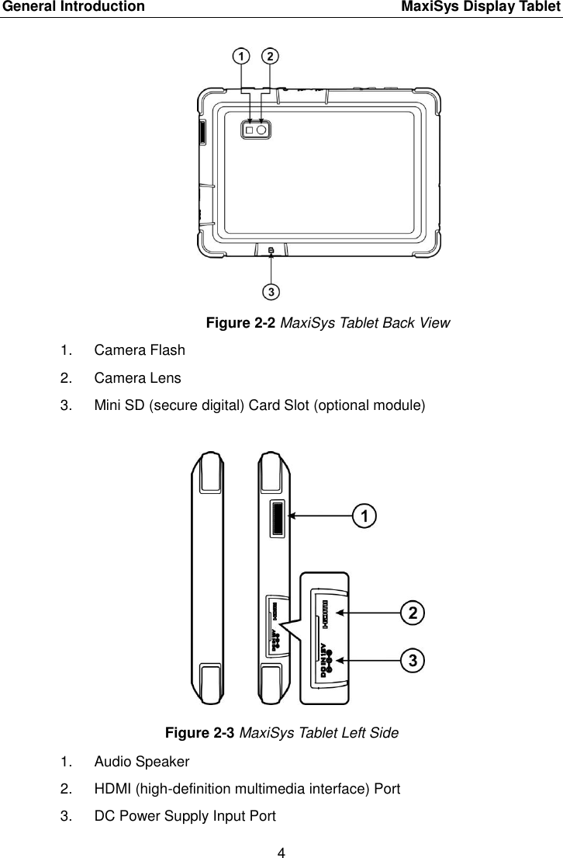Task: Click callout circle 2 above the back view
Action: pos(270,57)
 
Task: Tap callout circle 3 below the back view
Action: pos(270,292)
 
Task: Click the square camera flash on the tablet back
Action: pos(250,131)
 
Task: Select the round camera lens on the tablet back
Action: pos(262,131)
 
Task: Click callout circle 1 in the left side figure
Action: pos(364,514)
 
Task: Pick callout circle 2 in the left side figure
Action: pos(413,613)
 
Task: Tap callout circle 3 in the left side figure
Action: pos(413,660)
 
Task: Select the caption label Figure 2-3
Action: pos(199,731)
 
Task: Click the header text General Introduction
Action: pos(72,8)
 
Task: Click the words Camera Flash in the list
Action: pos(140,350)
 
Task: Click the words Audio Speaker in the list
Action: pos(142,761)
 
